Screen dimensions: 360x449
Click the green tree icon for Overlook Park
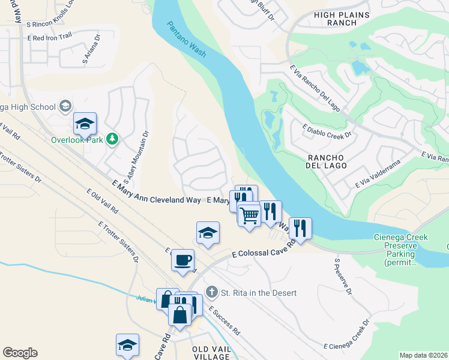click(x=112, y=139)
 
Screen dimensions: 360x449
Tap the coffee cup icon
click(x=183, y=260)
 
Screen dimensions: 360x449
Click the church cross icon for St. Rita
click(x=211, y=292)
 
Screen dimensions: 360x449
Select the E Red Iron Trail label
click(x=49, y=37)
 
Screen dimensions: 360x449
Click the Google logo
click(x=20, y=353)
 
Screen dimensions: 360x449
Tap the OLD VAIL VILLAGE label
click(x=211, y=353)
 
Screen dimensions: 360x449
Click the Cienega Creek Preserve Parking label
click(x=400, y=250)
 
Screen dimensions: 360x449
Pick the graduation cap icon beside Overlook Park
click(x=85, y=124)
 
